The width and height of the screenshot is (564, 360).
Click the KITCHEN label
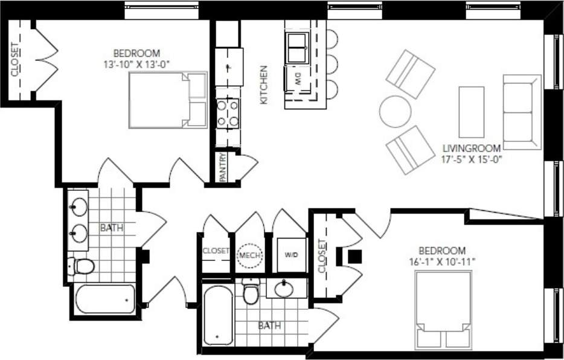pos(264,85)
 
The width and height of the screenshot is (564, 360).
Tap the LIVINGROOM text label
pos(472,148)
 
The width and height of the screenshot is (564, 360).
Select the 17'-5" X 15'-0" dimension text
pos(472,159)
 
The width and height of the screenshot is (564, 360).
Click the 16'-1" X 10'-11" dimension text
pos(443,261)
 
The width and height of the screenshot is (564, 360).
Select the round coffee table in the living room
pos(395,111)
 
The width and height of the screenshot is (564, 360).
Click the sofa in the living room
pos(522,112)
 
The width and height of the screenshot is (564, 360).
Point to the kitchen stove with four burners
pos(228,113)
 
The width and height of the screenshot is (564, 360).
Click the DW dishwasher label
pos(298,79)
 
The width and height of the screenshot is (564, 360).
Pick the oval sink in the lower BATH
pos(284,289)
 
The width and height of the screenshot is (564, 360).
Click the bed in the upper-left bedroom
pos(167,100)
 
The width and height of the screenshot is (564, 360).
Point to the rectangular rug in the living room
pos(471,112)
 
